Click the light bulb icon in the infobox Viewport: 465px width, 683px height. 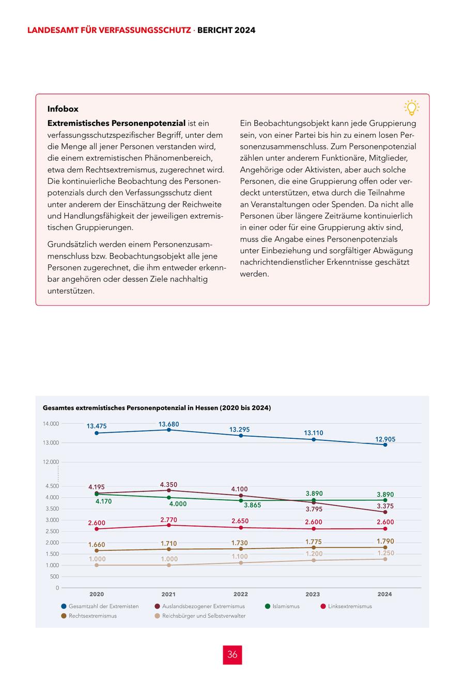point(411,107)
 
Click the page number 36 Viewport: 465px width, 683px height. point(233,655)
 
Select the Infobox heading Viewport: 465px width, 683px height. point(63,109)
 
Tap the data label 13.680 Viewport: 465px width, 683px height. point(169,424)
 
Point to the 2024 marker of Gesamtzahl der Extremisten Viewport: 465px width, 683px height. point(385,444)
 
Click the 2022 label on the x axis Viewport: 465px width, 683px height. point(241,594)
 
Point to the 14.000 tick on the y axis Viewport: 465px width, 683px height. point(51,424)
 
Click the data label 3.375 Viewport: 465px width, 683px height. point(385,506)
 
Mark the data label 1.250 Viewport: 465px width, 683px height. point(385,553)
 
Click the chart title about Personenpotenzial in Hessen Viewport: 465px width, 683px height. point(157,408)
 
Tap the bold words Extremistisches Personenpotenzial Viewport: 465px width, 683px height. point(116,123)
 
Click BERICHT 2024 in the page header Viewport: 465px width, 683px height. point(226,30)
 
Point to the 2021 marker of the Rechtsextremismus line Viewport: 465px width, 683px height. point(169,549)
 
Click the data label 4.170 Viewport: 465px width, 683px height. point(103,501)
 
